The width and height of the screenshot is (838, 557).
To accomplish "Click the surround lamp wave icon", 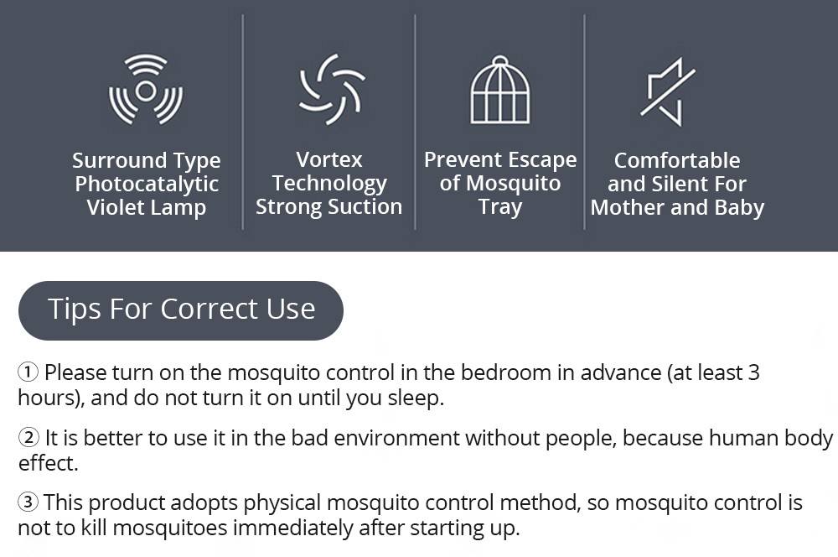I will (x=146, y=90).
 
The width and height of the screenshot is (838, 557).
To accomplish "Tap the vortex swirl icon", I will (x=332, y=90).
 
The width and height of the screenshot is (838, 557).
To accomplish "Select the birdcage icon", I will (x=500, y=90).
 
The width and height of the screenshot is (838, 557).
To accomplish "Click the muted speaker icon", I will (x=667, y=91).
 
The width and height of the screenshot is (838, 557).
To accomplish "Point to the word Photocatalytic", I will (x=147, y=185).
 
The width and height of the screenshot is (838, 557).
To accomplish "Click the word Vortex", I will (x=329, y=159).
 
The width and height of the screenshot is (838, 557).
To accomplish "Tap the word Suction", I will (x=364, y=206).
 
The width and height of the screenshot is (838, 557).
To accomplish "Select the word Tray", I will (x=500, y=206).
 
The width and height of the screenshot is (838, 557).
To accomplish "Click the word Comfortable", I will (x=677, y=160).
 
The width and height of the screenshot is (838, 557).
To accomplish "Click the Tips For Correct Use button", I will (x=181, y=310).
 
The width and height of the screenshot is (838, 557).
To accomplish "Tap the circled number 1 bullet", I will (x=28, y=372).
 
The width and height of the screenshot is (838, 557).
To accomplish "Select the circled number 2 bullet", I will (x=28, y=438).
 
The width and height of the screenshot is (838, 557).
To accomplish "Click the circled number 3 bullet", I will (x=28, y=502).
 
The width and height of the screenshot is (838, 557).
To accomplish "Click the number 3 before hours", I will (x=753, y=372).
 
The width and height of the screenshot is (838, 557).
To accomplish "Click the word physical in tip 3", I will (x=281, y=502).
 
